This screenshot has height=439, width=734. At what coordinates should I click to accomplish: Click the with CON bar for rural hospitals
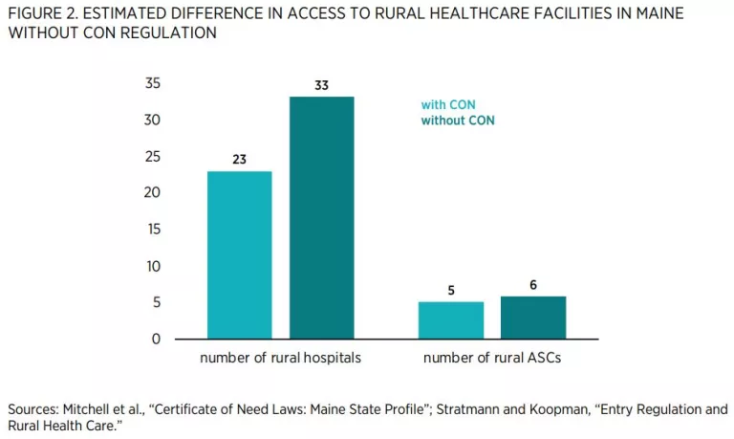240,255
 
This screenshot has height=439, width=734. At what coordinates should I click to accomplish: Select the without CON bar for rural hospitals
322,218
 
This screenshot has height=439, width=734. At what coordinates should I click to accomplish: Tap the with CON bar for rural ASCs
451,320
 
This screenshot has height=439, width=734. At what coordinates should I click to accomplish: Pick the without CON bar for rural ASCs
533,318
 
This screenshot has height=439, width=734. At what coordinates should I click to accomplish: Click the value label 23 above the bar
239,160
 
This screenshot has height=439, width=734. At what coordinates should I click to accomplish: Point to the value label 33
322,86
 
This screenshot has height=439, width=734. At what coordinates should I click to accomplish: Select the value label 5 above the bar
451,291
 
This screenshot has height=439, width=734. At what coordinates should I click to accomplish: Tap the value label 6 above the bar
533,285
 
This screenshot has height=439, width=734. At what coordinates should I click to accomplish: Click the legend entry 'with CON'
448,105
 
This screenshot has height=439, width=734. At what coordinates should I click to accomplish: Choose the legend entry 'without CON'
458,121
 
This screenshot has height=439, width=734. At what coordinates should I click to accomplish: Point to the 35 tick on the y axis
153,84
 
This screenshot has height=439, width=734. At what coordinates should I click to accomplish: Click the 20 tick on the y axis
153,193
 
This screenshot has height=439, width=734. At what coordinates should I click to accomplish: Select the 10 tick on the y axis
153,266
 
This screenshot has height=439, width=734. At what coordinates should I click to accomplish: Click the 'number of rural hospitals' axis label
281,359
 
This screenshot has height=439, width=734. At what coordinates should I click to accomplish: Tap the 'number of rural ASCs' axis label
492,359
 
